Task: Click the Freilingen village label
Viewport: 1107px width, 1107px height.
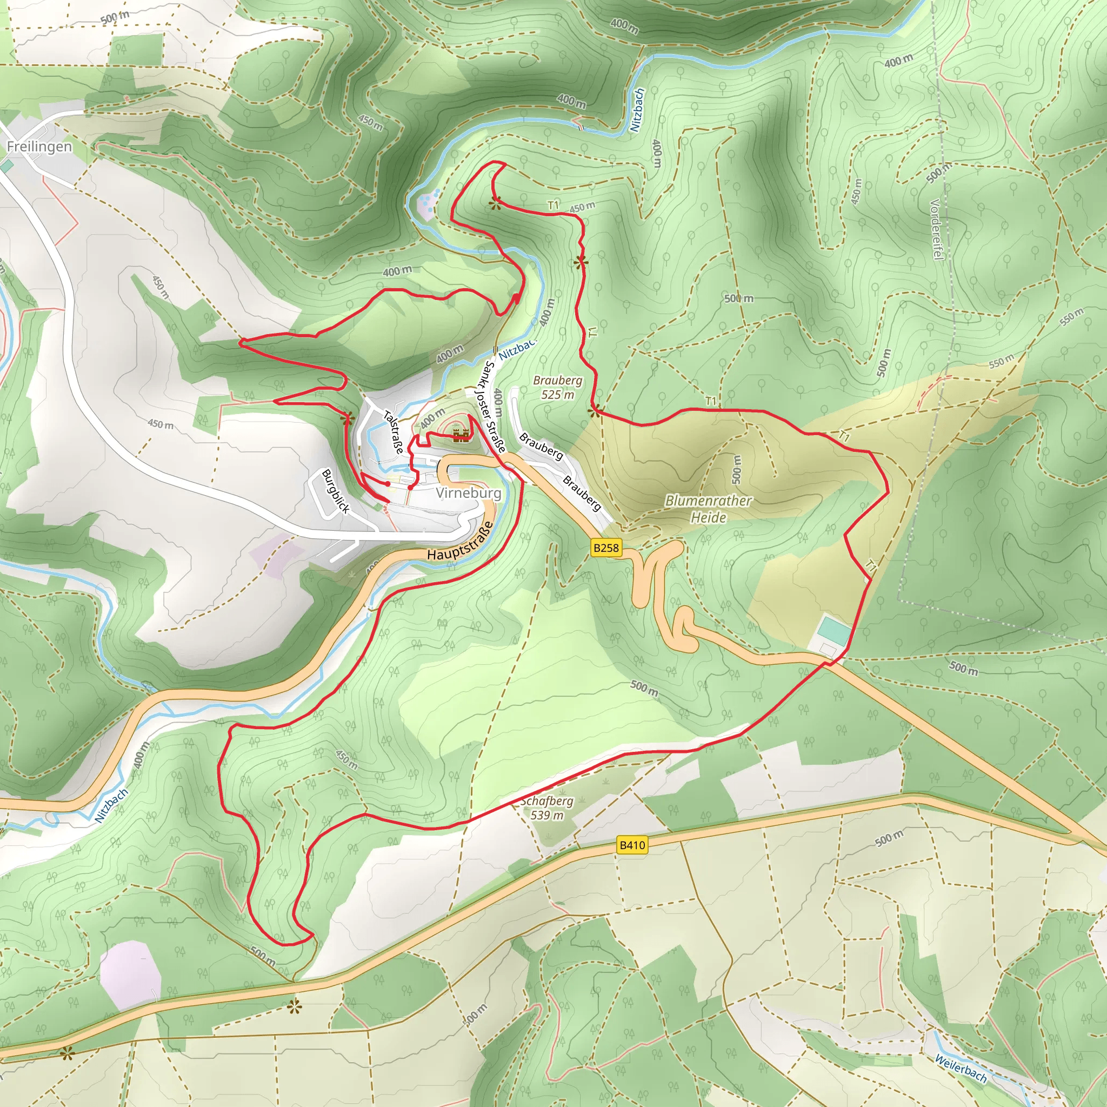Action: (39, 146)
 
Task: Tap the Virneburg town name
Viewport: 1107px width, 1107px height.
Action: (468, 494)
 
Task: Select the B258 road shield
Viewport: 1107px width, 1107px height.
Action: (605, 548)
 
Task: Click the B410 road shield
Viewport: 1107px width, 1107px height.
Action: (632, 845)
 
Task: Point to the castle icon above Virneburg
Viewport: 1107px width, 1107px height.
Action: (461, 435)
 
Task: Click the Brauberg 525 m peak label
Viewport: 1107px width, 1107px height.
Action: (557, 388)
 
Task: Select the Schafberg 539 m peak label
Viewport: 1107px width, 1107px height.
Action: (546, 808)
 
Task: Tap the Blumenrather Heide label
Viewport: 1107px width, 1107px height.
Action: (708, 509)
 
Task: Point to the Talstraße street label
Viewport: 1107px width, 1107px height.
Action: (394, 432)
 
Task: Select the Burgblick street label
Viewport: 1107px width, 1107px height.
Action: (336, 491)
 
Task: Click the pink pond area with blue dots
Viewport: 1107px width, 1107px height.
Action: (427, 203)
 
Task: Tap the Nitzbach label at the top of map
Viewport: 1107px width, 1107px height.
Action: (637, 110)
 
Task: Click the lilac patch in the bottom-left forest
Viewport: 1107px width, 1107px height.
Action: (129, 974)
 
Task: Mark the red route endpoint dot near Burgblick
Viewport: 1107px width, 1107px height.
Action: (389, 484)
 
